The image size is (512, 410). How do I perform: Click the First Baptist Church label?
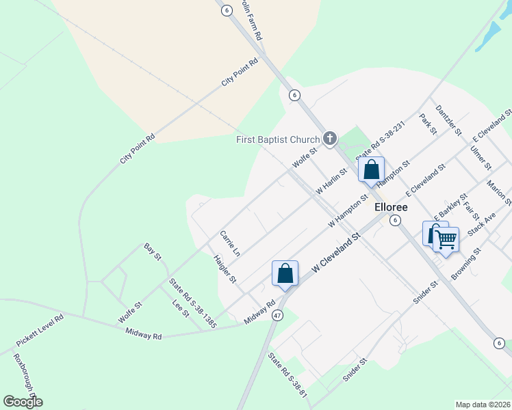pyautogui.click(x=278, y=140)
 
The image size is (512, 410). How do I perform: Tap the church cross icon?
pyautogui.click(x=329, y=139)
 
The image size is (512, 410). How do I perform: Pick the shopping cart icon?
pyautogui.click(x=446, y=240)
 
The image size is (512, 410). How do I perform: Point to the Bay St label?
pyautogui.click(x=152, y=251)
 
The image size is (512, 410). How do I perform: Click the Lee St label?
pyautogui.click(x=181, y=308)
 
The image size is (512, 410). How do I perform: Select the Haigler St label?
pyautogui.click(x=225, y=269)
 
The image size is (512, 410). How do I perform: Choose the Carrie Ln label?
pyautogui.click(x=230, y=244)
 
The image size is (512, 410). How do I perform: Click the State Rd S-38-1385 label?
pyautogui.click(x=193, y=303)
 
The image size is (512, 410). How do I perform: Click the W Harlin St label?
pyautogui.click(x=331, y=182)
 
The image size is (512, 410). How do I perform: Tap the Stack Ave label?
pyautogui.click(x=481, y=225)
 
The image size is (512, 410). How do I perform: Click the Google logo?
pyautogui.click(x=23, y=402)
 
